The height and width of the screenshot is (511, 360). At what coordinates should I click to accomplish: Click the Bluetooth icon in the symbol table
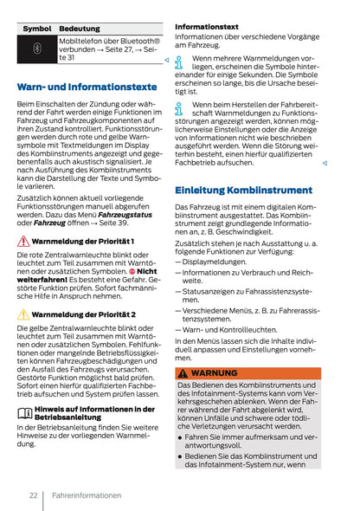tap(36, 49)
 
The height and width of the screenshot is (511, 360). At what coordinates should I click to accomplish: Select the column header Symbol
tap(36, 29)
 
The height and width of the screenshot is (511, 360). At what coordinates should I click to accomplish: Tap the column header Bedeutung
tap(80, 29)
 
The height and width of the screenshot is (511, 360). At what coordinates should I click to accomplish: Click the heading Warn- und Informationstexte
tap(86, 87)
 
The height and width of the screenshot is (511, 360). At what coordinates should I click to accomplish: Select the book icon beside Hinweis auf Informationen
tap(24, 412)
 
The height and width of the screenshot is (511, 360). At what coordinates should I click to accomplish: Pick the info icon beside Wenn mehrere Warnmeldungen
tap(179, 61)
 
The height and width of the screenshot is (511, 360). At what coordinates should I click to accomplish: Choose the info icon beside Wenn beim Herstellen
tap(179, 108)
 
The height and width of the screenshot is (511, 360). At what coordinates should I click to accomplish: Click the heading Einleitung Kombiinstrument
tap(243, 190)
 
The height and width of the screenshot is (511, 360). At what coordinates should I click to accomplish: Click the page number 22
tap(32, 495)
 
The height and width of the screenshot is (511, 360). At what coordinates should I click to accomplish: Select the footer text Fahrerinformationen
tap(87, 495)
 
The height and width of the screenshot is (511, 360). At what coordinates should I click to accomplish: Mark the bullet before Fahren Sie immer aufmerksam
tap(180, 437)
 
